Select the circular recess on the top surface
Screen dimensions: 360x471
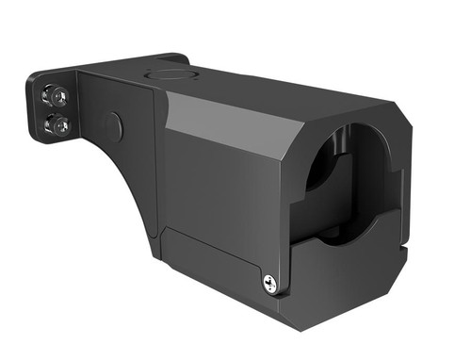pos(171,73)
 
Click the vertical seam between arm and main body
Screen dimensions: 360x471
pos(155,160)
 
